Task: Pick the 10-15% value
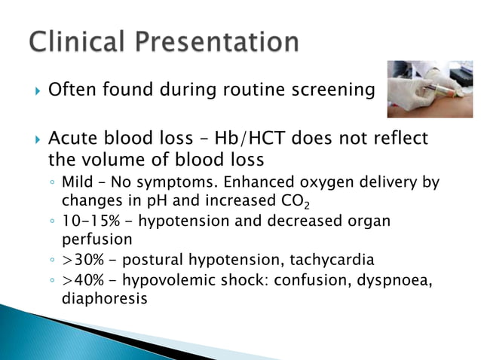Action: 87,222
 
